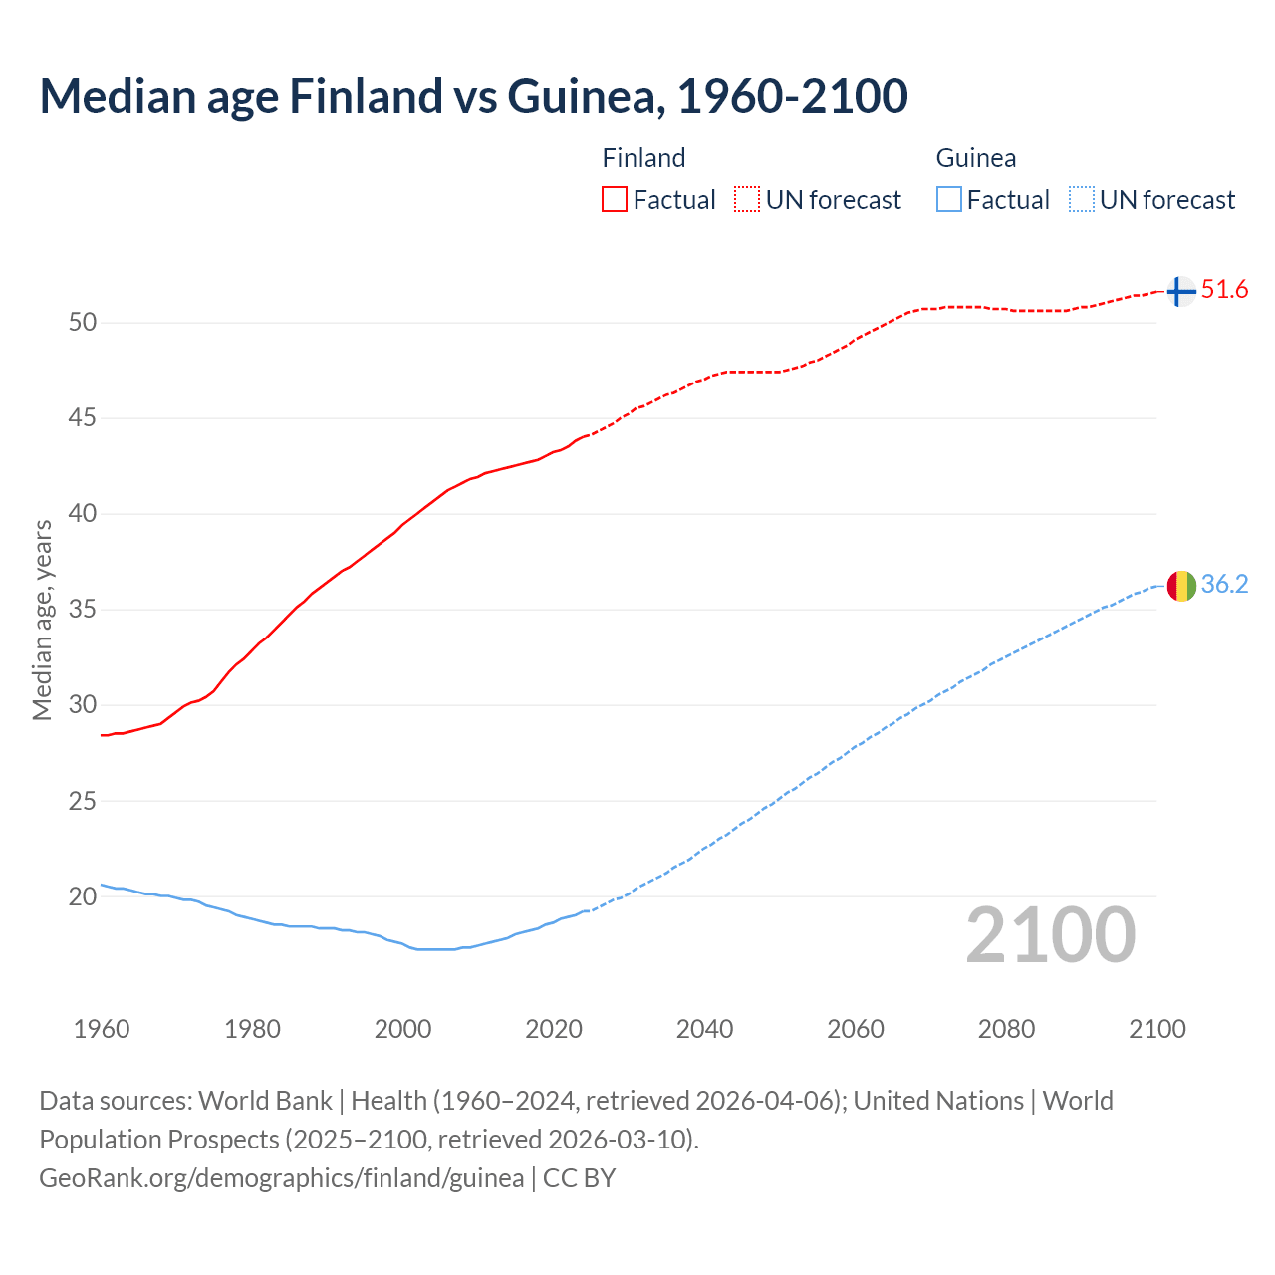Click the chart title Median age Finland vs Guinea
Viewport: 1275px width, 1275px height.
point(473,96)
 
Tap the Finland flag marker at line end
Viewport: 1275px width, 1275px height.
point(1180,291)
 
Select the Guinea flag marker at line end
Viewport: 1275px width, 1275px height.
point(1180,586)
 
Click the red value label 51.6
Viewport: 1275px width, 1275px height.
point(1224,290)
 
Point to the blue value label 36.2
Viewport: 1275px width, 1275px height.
point(1224,585)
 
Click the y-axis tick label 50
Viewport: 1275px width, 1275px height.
point(83,323)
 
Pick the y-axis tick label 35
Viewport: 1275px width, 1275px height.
point(83,610)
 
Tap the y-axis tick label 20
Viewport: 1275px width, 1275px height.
point(83,896)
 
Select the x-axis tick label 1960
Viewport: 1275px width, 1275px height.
point(102,1029)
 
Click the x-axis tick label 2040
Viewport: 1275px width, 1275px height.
point(704,1029)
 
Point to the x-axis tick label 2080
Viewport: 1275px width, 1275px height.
point(1006,1029)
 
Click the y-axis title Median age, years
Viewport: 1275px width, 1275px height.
point(42,620)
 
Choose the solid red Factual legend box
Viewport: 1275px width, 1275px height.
point(615,200)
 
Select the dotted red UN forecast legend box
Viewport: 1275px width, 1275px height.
point(747,200)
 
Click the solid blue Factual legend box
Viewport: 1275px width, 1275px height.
point(948,200)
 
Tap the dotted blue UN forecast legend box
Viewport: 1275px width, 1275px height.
point(1081,200)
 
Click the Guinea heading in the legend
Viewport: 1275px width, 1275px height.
point(976,158)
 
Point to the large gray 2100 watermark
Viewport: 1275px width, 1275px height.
point(1051,935)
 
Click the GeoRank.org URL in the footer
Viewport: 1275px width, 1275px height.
point(281,1178)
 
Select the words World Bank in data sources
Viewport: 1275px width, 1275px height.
point(265,1101)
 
